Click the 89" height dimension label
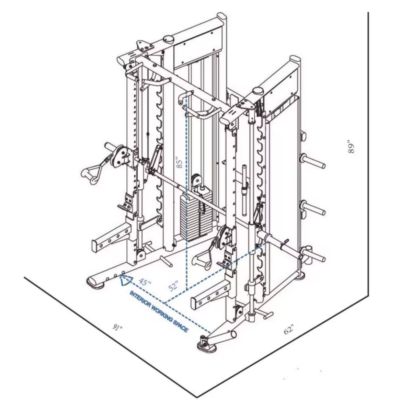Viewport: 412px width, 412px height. (x=351, y=147)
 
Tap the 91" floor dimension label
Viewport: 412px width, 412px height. (x=117, y=329)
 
